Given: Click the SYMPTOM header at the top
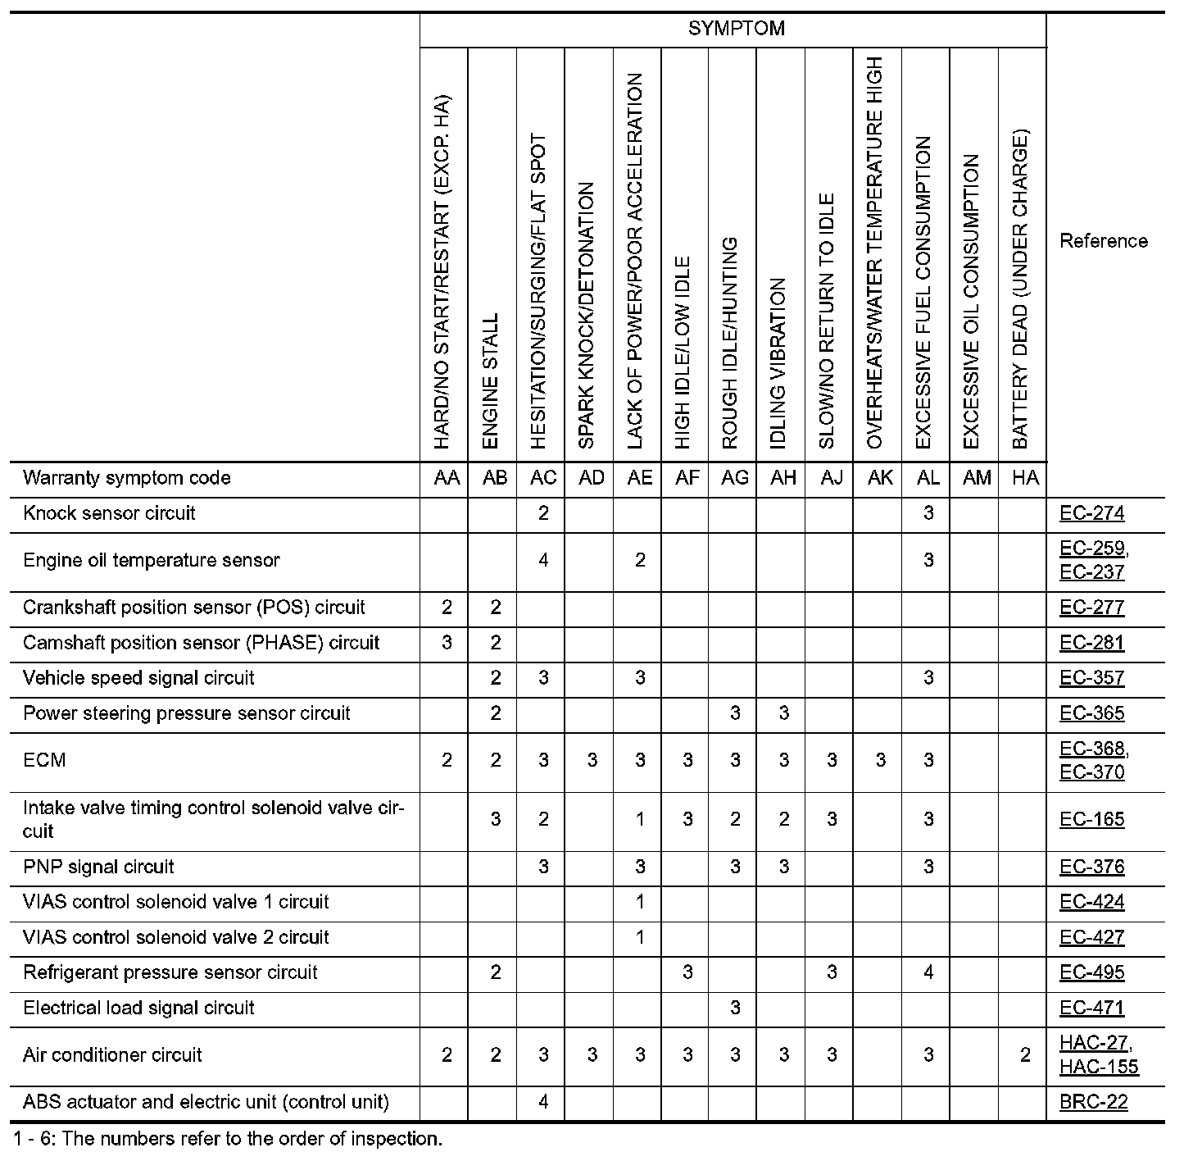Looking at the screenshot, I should click(x=736, y=29).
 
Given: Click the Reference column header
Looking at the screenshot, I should click(x=1103, y=241).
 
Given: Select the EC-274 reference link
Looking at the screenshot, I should click(x=1091, y=514).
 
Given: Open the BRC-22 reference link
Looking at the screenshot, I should click(x=1093, y=1102).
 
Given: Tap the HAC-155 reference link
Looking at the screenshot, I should click(x=1098, y=1066).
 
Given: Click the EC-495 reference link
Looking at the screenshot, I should click(x=1091, y=972).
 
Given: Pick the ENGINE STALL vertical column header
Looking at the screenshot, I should click(x=492, y=381).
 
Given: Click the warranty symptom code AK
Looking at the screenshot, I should click(x=880, y=478).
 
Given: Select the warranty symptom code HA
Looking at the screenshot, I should click(x=1025, y=478).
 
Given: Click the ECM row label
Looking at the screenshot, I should click(x=44, y=760).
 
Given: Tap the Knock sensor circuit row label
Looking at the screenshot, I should click(x=109, y=514).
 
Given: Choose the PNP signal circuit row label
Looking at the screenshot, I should click(x=98, y=867).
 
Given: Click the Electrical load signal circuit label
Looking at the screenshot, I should click(x=138, y=1008).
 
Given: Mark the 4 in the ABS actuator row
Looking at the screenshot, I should click(x=543, y=1102).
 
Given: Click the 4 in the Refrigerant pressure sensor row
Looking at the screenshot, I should click(x=928, y=972).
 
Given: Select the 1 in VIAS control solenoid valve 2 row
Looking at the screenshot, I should click(x=640, y=937).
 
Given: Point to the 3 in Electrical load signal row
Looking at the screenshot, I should click(x=735, y=1008).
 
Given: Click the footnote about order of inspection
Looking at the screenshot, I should click(x=228, y=1139).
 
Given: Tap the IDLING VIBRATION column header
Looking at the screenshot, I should click(x=779, y=363).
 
